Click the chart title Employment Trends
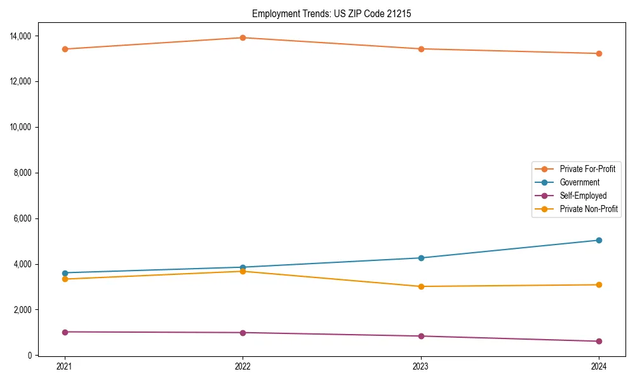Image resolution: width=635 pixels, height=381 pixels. (x=331, y=13)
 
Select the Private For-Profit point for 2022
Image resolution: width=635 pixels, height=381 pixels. (x=243, y=37)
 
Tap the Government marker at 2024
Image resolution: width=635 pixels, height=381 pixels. (x=599, y=240)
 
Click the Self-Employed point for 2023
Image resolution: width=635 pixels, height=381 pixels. (x=421, y=336)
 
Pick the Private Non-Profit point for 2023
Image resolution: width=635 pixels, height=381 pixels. (x=421, y=286)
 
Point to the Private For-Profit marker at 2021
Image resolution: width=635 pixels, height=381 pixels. (x=65, y=49)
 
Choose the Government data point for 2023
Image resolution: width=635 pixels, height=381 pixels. (x=421, y=258)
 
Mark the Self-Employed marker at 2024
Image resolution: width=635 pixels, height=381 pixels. (x=599, y=341)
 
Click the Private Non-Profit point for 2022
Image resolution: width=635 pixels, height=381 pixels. (x=243, y=271)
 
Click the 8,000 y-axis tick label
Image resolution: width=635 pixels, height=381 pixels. (x=24, y=173)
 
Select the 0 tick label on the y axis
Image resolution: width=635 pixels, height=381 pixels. (x=31, y=356)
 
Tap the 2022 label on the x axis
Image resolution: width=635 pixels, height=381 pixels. (x=243, y=366)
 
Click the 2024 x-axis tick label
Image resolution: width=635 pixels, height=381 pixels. (x=599, y=366)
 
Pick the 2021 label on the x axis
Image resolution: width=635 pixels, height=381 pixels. (x=65, y=366)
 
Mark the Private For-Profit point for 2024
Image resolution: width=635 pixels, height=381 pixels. (x=599, y=53)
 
